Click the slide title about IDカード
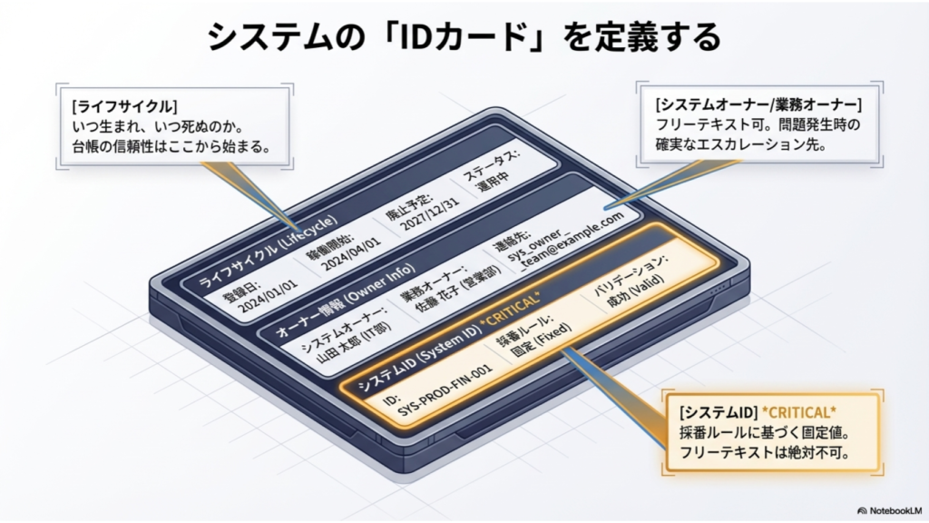pyautogui.click(x=464, y=36)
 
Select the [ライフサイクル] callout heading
pyautogui.click(x=124, y=107)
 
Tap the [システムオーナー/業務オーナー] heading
pyautogui.click(x=758, y=105)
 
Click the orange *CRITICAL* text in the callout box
pyautogui.click(x=798, y=412)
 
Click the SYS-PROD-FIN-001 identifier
pyautogui.click(x=445, y=390)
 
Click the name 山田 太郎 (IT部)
pyautogui.click(x=354, y=342)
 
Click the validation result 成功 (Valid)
pyautogui.click(x=636, y=290)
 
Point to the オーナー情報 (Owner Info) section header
pyautogui.click(x=346, y=301)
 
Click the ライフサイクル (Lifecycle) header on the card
pyautogui.click(x=268, y=252)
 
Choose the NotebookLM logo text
pyautogui.click(x=891, y=510)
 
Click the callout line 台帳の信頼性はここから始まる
pyautogui.click(x=171, y=146)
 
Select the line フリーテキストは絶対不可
pyautogui.click(x=765, y=452)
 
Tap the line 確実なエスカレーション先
pyautogui.click(x=740, y=144)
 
